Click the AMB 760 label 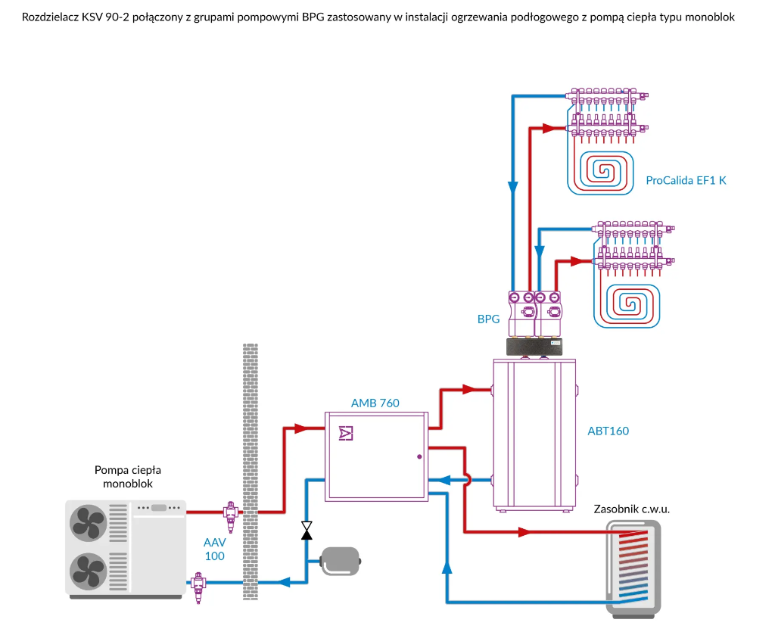(375, 403)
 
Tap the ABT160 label (608, 431)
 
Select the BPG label (488, 319)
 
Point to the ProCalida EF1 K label (686, 180)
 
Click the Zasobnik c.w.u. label (632, 509)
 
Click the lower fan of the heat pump (89, 569)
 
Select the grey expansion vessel (341, 561)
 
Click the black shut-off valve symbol (307, 531)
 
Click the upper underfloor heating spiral (604, 170)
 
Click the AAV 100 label (215, 549)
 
